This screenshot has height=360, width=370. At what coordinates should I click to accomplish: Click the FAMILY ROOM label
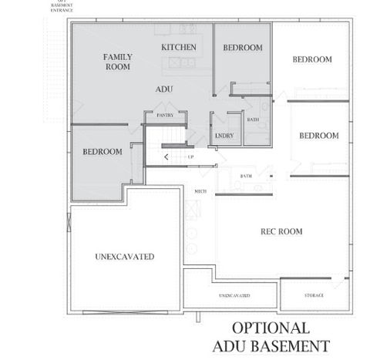pos(117,62)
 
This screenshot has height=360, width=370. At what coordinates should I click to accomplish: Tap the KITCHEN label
pos(179,48)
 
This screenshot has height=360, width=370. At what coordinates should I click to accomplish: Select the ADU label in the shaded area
pos(163,89)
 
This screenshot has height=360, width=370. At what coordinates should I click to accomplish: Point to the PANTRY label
pos(165,115)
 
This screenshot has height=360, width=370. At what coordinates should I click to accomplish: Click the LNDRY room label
pos(225,136)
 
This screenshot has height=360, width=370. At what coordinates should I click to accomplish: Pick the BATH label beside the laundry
pos(252,119)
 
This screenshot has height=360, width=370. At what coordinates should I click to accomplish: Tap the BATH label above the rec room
pos(245,177)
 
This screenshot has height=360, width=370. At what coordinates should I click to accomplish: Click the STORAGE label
pos(312,295)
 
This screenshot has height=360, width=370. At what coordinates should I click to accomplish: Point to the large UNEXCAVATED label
pos(124,256)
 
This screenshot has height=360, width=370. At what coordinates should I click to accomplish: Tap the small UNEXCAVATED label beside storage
pos(234,295)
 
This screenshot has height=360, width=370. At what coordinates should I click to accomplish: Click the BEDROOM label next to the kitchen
pos(243,48)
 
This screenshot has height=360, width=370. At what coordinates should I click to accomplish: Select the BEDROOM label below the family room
pos(103,152)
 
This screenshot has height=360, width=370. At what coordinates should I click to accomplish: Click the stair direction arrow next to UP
pos(166,156)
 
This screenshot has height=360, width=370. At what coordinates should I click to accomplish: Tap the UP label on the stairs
pos(190,156)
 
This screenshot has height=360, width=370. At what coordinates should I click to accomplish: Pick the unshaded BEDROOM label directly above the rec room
pos(318,136)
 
